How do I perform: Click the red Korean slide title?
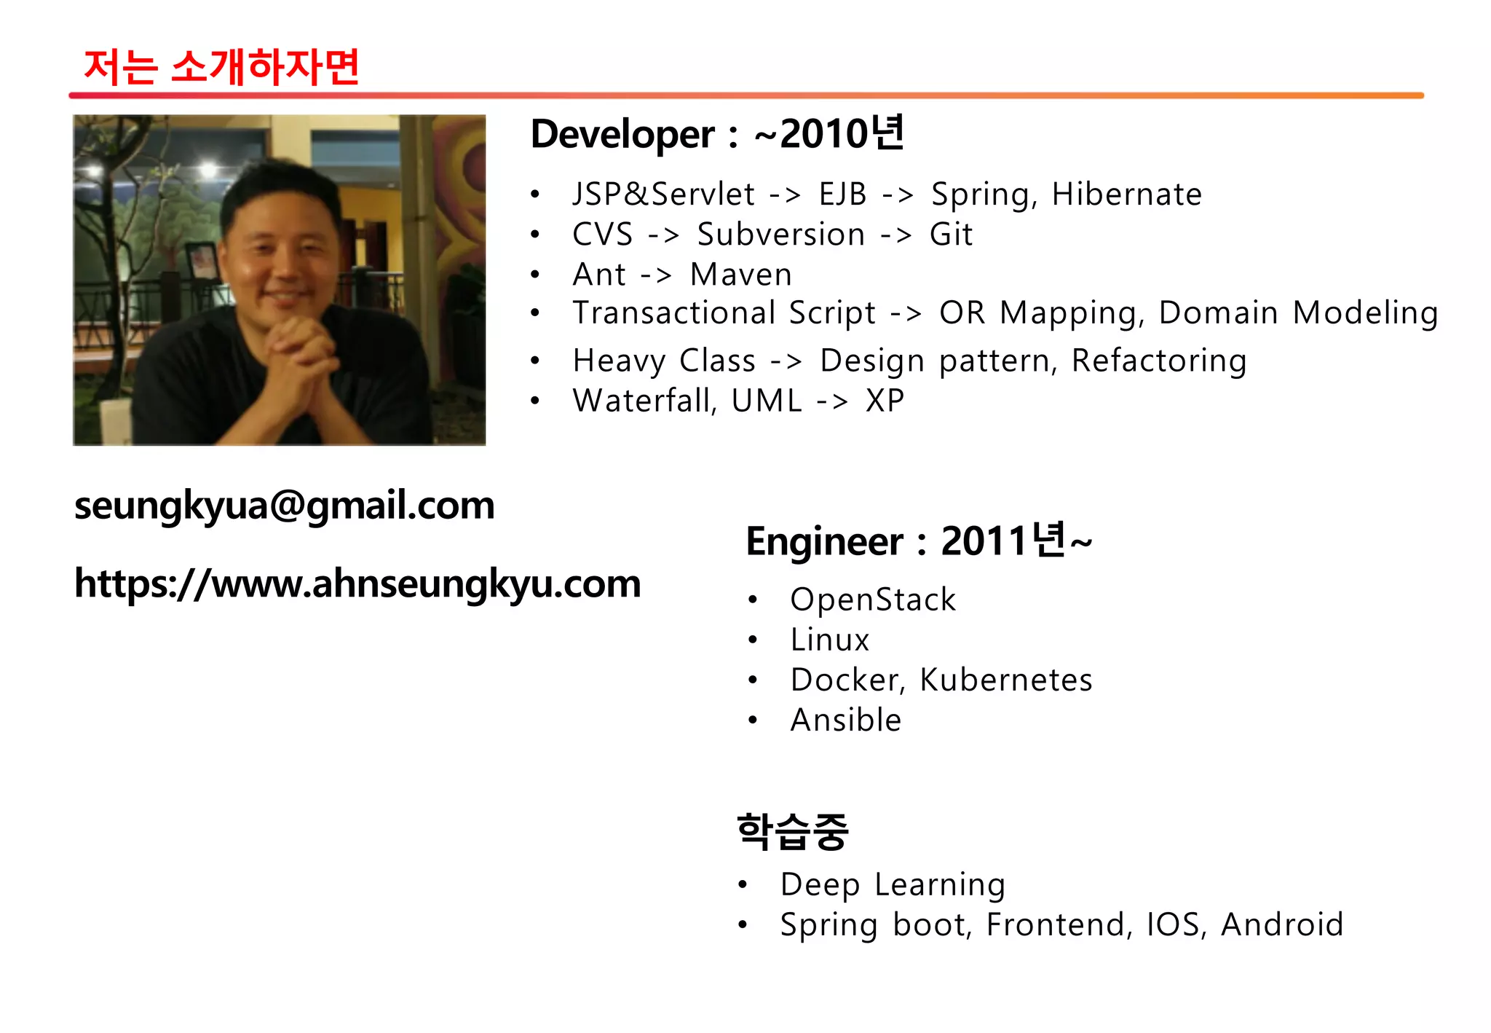point(221,67)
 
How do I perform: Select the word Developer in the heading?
point(622,135)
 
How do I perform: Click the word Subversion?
point(780,235)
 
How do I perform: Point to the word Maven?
point(740,275)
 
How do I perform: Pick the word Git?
point(951,235)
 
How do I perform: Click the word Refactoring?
point(1159,361)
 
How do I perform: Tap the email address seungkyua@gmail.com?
point(285,506)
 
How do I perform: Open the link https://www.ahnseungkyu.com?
point(357,584)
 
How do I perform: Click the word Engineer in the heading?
point(824,542)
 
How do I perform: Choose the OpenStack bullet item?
point(873,600)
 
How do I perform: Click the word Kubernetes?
point(1006,680)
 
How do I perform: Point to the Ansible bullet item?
point(846,720)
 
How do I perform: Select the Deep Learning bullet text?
point(893,884)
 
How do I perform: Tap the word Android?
point(1282,924)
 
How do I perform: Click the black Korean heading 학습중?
point(792,831)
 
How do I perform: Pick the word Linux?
point(830,640)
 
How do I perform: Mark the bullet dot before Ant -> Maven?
point(535,275)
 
